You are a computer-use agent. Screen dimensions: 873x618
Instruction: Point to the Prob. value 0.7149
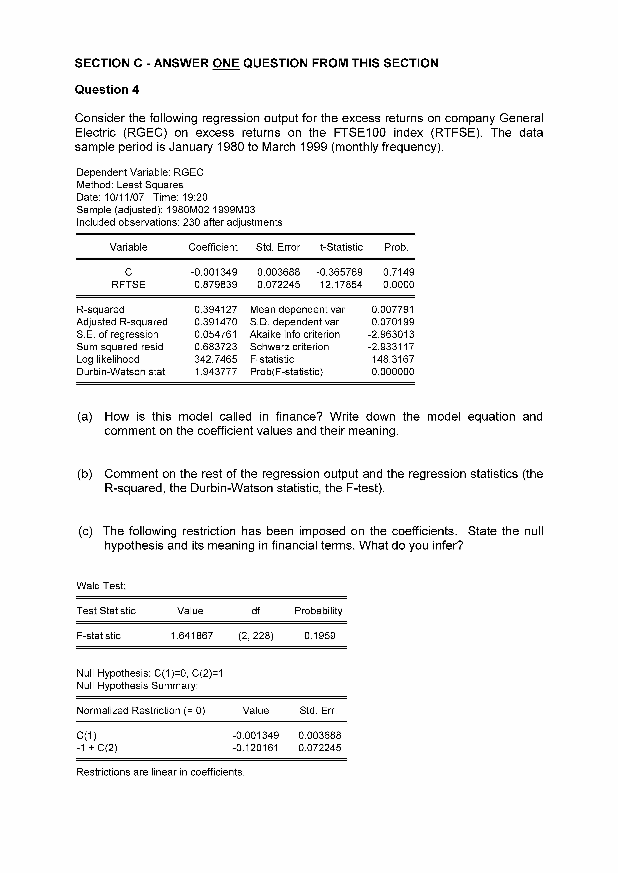pyautogui.click(x=398, y=272)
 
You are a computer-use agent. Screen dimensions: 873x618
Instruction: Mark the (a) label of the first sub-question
pyautogui.click(x=84, y=417)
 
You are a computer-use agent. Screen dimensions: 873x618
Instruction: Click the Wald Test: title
pyautogui.click(x=101, y=586)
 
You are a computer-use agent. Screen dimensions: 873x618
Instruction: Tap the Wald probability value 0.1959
pyautogui.click(x=320, y=636)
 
